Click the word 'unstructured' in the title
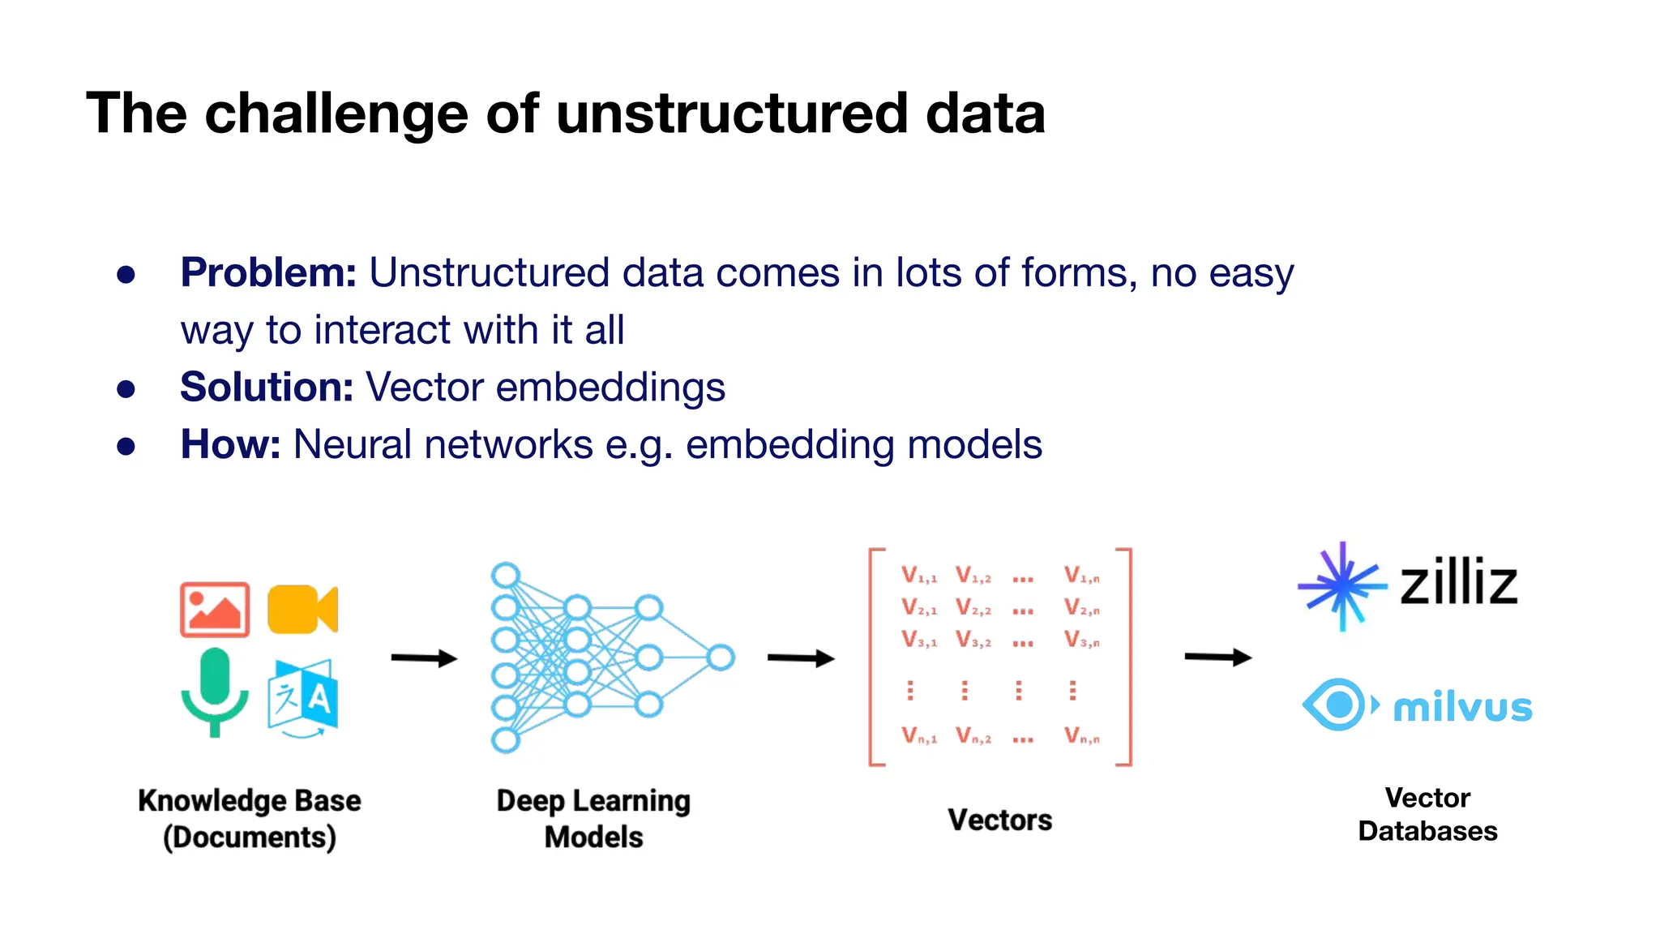click(732, 114)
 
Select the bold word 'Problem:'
click(268, 272)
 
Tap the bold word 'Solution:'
click(267, 387)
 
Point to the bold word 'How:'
click(230, 444)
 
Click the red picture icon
click(215, 610)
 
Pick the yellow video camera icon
click(302, 609)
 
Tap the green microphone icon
click(215, 692)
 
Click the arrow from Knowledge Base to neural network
click(424, 658)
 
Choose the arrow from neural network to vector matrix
click(801, 658)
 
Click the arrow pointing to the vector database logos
click(1217, 657)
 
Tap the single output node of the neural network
click(721, 658)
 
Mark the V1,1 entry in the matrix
click(919, 576)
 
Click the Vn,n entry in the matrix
click(1082, 736)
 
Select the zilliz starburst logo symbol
click(1342, 585)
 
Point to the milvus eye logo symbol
click(1338, 705)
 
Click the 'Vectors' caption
click(999, 820)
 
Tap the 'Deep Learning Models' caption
click(593, 818)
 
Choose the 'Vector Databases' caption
click(1427, 814)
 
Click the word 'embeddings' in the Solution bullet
click(610, 388)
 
